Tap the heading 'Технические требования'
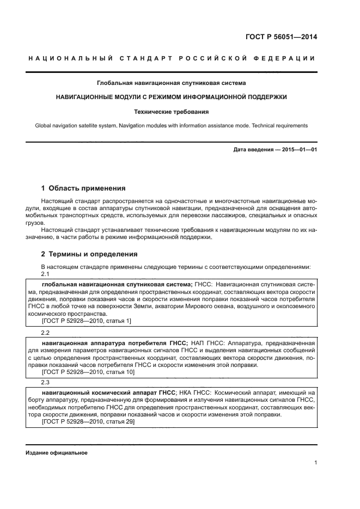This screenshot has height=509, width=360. pyautogui.click(x=172, y=112)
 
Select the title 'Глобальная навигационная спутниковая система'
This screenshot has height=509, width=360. pyautogui.click(x=172, y=83)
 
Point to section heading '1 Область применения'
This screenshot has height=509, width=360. pyautogui.click(x=83, y=188)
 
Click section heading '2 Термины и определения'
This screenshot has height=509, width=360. pyautogui.click(x=89, y=254)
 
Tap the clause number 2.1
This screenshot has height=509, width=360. pyautogui.click(x=46, y=274)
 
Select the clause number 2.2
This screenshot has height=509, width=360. pyautogui.click(x=46, y=332)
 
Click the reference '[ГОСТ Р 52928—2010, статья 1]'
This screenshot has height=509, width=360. pyautogui.click(x=86, y=321)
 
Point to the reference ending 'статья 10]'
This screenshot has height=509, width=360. pyautogui.click(x=88, y=372)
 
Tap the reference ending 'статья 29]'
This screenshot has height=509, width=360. pyautogui.click(x=88, y=421)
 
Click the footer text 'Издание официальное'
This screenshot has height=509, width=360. pyautogui.click(x=56, y=453)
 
